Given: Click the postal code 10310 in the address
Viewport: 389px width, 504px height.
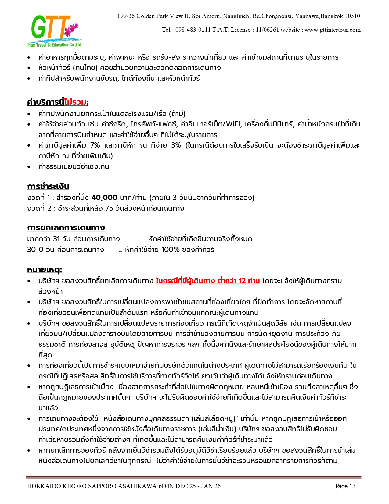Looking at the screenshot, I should (x=352, y=16).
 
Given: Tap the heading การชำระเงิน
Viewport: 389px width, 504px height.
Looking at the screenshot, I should (x=48, y=186).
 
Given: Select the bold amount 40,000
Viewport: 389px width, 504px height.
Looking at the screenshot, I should (x=104, y=198).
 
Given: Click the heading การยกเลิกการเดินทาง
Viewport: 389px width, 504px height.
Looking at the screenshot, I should (x=66, y=228).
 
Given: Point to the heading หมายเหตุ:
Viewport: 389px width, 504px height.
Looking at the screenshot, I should (x=45, y=270).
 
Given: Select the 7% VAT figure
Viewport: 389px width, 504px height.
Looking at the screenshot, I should (x=95, y=145).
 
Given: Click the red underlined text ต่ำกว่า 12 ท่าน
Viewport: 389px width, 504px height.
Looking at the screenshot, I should (x=239, y=281).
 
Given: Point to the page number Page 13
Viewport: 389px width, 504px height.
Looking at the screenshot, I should (x=345, y=486).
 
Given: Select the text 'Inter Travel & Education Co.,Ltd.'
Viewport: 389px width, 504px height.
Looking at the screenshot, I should (x=55, y=45).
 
